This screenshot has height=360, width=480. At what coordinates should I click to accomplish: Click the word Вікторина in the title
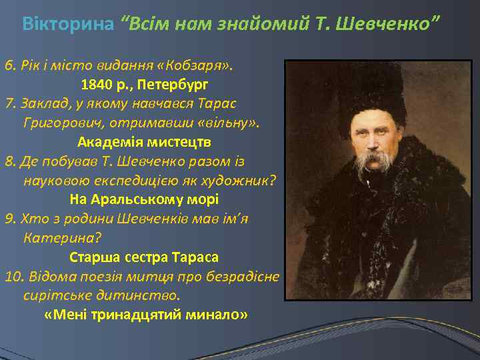[x=68, y=25]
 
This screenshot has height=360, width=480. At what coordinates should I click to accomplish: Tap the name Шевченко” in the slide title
[x=397, y=25]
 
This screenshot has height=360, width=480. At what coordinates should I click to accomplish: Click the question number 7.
[x=9, y=105]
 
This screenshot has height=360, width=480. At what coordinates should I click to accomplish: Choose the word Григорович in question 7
[x=57, y=123]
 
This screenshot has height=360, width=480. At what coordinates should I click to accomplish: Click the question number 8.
[x=9, y=161]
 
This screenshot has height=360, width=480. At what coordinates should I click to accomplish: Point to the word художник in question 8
[x=243, y=180]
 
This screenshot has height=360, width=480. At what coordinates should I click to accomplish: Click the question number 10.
[x=13, y=275]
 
